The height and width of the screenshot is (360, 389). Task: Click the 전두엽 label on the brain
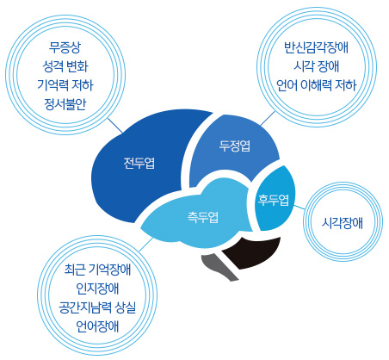click(139, 163)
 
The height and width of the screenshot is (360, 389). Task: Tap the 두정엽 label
click(235, 146)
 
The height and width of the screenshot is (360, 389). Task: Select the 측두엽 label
click(203, 217)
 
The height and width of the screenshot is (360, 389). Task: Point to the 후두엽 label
click(274, 200)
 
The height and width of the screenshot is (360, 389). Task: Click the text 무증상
click(65, 47)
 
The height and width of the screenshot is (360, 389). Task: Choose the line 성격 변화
click(65, 66)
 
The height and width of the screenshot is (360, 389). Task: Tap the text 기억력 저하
click(65, 85)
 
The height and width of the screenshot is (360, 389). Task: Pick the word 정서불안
click(65, 104)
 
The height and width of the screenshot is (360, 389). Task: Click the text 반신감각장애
click(317, 47)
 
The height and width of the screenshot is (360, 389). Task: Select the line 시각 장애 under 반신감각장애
click(317, 66)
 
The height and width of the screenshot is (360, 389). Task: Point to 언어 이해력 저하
click(317, 85)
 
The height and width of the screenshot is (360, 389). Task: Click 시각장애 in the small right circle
click(343, 223)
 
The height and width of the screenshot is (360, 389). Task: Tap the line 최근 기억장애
click(97, 270)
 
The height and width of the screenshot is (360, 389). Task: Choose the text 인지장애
click(97, 289)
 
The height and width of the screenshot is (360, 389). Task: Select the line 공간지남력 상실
click(97, 307)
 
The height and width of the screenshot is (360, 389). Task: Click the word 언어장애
click(97, 326)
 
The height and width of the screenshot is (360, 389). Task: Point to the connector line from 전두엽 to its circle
click(115, 126)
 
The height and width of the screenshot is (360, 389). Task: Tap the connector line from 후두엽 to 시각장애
click(299, 207)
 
